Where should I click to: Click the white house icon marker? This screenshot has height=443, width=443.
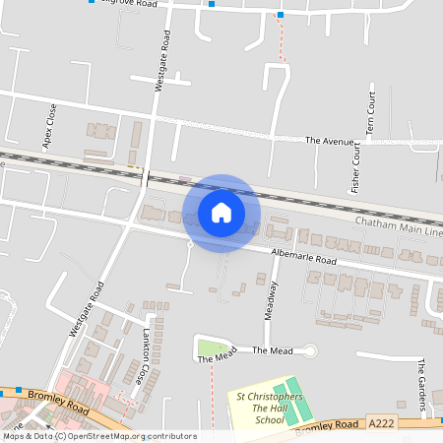[x=221, y=212]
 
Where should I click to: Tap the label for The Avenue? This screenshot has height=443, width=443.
[x=329, y=142]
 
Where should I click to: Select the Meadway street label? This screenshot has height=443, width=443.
[x=268, y=299]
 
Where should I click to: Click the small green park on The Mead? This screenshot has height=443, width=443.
[x=209, y=347]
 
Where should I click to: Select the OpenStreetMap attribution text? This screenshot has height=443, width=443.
[x=99, y=436]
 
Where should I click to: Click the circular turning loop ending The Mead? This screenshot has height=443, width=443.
[x=311, y=350]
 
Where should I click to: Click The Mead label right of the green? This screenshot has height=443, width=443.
[x=272, y=350]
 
